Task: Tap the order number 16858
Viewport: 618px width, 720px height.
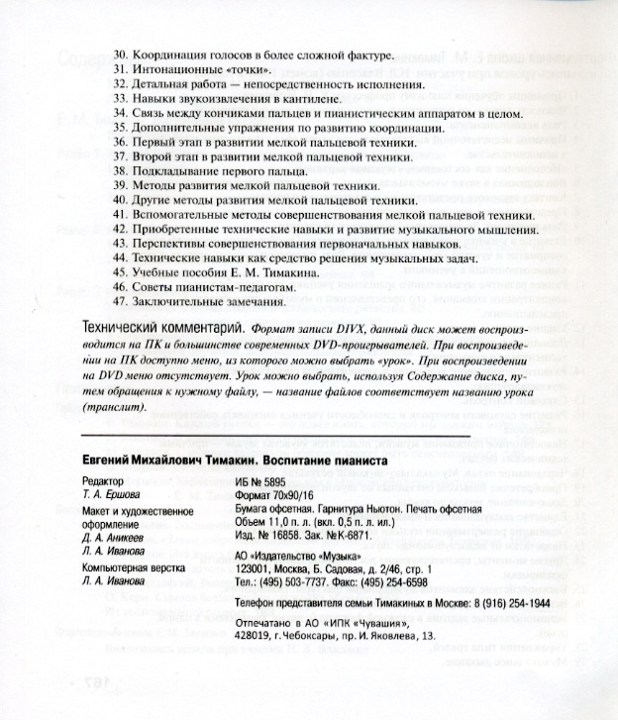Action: click(284, 535)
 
